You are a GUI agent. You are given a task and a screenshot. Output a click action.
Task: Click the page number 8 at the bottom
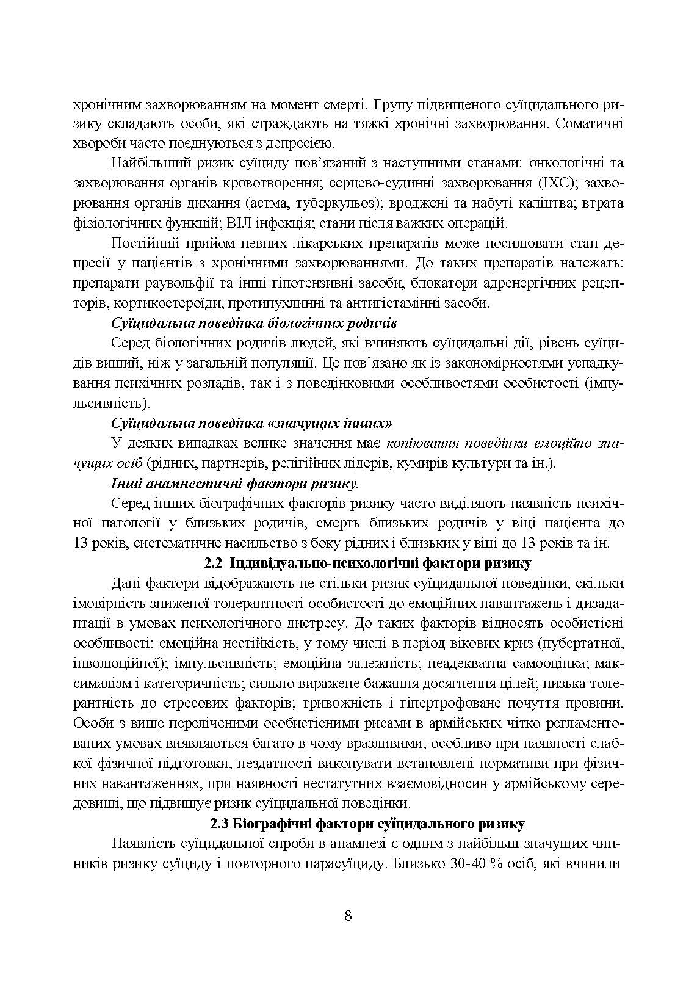(348, 916)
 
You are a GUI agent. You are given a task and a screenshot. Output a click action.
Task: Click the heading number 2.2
(212, 562)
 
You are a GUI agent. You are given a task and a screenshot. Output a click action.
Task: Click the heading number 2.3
(219, 824)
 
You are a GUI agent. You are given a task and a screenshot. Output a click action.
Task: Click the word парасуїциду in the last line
(344, 864)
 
